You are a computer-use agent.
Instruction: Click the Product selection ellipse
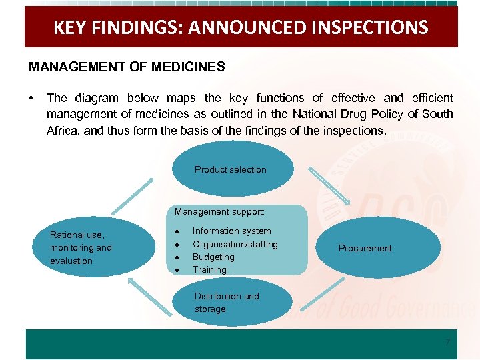tap(231, 169)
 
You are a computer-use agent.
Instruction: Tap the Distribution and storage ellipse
tap(231, 303)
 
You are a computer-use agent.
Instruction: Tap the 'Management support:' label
tap(219, 211)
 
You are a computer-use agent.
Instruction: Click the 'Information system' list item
tap(231, 231)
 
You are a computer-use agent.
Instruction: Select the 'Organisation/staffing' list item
tap(235, 244)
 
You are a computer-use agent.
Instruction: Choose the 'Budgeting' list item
tap(213, 257)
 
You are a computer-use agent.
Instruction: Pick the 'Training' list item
tap(209, 269)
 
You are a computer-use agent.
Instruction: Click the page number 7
tap(448, 343)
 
